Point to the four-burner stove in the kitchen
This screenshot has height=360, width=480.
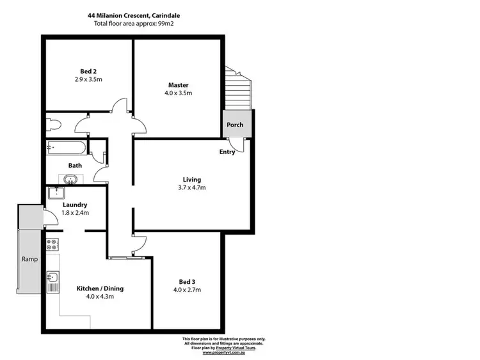point(51,244)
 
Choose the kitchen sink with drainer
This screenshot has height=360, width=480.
point(52,281)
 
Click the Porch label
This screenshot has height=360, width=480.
point(235,124)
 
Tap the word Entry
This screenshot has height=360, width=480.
point(227,152)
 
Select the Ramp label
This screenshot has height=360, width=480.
point(29,259)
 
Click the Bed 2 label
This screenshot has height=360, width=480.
point(88,70)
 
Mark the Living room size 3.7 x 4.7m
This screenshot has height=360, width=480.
point(191,188)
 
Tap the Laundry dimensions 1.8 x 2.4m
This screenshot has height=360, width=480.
point(76,213)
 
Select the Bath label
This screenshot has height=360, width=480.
point(75,165)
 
